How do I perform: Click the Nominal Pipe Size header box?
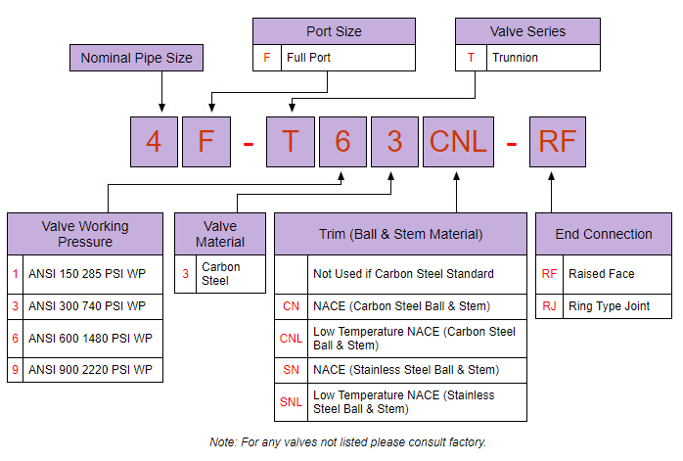(x=136, y=58)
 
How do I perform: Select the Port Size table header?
(x=334, y=31)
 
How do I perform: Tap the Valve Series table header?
(x=527, y=31)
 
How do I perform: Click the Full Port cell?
(x=347, y=58)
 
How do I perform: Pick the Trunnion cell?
(x=542, y=58)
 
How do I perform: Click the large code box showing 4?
(x=154, y=142)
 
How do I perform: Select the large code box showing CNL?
(x=457, y=142)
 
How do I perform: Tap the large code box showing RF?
(x=557, y=142)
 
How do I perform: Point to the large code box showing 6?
(x=342, y=142)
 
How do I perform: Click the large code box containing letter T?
(x=292, y=142)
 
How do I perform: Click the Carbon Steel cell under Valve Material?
(x=230, y=273)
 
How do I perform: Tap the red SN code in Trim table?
(x=291, y=370)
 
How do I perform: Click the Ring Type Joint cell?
(x=616, y=306)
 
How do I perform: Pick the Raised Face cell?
(x=616, y=274)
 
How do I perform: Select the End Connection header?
(x=603, y=234)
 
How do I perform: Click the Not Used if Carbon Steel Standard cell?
(x=418, y=274)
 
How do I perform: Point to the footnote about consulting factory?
(x=347, y=442)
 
